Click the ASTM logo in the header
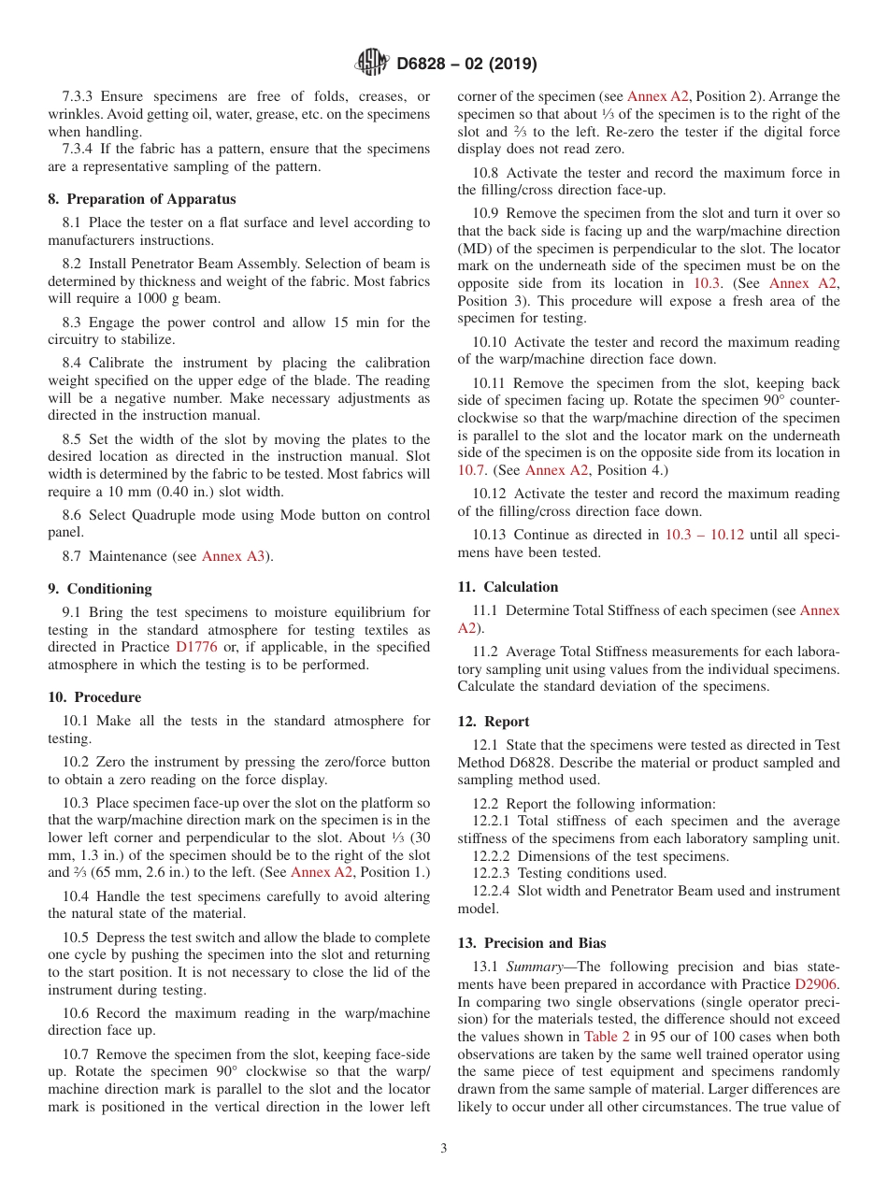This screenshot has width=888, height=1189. (372, 64)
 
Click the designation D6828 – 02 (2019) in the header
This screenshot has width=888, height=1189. (466, 64)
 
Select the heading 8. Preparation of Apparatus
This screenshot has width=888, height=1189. (142, 199)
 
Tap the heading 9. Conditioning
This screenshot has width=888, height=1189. (99, 589)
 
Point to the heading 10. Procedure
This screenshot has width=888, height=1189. (94, 697)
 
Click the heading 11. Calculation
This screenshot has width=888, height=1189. (508, 587)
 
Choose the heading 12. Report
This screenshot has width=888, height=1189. (494, 722)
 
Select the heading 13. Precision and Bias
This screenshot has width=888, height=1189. (532, 943)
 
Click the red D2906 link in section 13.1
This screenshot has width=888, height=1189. (817, 984)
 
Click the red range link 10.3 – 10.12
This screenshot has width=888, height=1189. (704, 535)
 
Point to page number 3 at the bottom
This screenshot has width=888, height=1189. (444, 1149)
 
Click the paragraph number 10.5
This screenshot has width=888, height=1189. (78, 938)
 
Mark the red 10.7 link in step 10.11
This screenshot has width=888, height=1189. (471, 470)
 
